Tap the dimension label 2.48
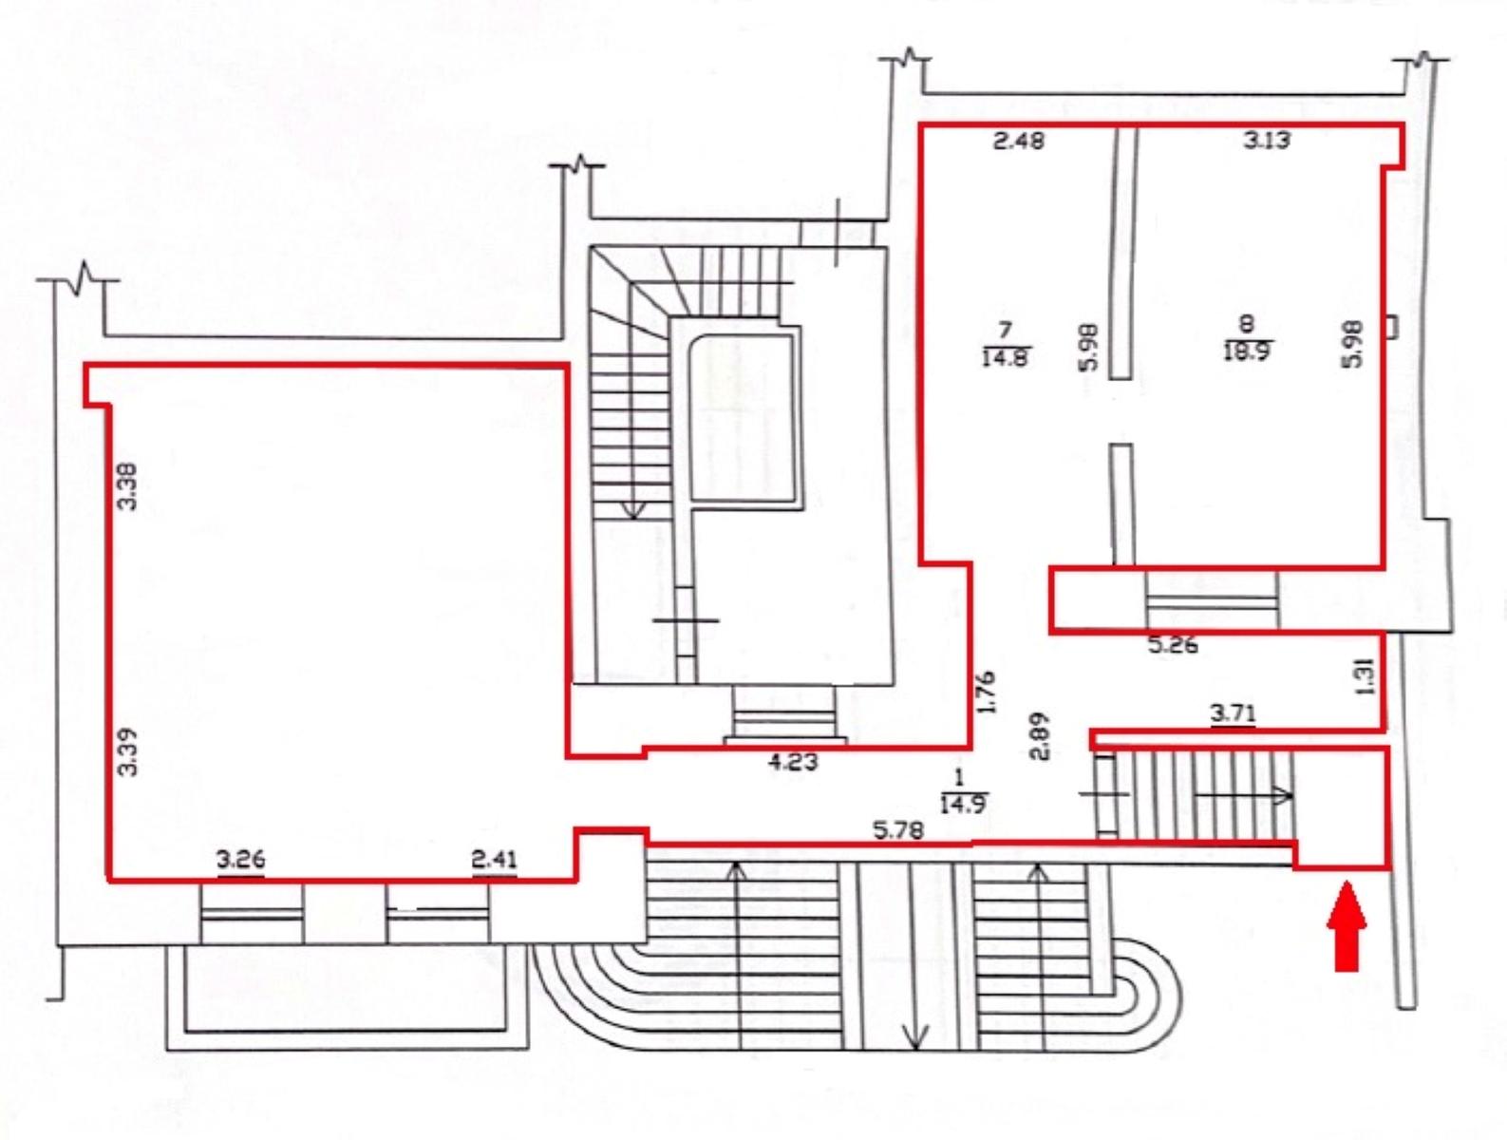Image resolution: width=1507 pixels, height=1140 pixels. (1020, 141)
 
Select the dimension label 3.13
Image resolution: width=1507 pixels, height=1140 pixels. (1267, 140)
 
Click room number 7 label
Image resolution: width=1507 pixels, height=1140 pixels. (1005, 330)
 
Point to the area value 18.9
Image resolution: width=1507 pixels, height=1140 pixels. (1247, 351)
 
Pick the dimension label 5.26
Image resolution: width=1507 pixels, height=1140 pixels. (1174, 646)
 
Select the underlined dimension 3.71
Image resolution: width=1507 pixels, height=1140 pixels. (1234, 714)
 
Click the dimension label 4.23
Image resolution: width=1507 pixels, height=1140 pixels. (792, 762)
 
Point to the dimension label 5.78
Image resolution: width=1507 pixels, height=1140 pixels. (898, 831)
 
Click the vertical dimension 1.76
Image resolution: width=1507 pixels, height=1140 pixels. (985, 693)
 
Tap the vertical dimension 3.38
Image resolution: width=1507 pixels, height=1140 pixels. (127, 486)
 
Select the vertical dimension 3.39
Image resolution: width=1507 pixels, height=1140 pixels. (127, 752)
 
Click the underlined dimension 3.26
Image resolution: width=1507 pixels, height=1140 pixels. (241, 861)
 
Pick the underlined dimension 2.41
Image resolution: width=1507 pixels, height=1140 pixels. (495, 861)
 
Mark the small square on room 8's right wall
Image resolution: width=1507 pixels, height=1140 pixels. (1390, 327)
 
